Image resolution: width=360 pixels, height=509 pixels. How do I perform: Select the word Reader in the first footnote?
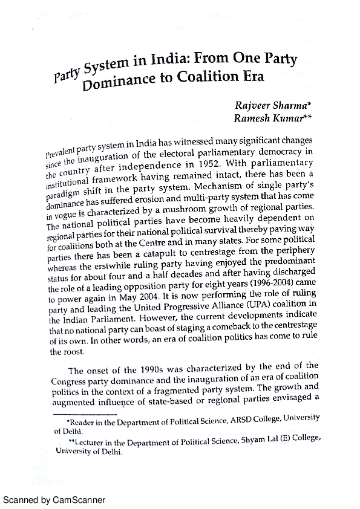[80, 418]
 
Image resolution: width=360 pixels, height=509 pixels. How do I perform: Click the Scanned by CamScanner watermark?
[54, 500]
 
